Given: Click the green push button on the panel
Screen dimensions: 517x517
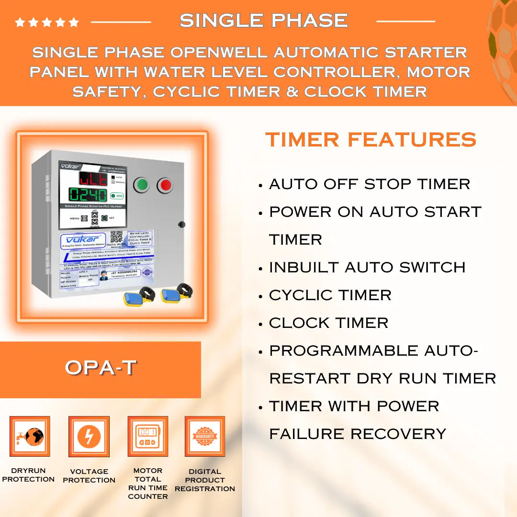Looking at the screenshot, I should [x=141, y=185].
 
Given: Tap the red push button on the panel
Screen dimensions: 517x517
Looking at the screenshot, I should [x=165, y=185].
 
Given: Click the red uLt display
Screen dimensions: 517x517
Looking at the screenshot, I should [x=93, y=179].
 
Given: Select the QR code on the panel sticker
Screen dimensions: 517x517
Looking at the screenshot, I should [x=117, y=236].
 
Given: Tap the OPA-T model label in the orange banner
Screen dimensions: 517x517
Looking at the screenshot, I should [x=101, y=368].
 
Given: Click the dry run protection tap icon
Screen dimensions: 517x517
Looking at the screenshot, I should [x=30, y=436].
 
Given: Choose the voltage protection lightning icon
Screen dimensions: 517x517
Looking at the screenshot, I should [x=89, y=436].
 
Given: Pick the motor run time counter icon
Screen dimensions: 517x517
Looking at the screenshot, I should [x=147, y=436].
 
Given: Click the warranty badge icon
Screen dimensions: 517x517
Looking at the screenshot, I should [x=205, y=436].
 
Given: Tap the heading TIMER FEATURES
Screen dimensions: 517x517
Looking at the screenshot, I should [x=371, y=140].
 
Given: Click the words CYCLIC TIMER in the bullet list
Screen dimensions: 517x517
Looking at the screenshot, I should [x=330, y=295].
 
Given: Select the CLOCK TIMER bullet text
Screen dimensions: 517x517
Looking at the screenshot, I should [x=328, y=323].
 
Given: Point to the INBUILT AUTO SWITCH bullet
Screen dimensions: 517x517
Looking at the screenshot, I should [x=367, y=267].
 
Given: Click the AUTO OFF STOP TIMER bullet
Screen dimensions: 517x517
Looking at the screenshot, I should [x=370, y=184].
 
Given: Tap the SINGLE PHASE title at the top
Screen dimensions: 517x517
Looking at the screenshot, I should [x=264, y=21].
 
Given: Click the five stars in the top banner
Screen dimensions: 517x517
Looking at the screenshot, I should [x=46, y=22].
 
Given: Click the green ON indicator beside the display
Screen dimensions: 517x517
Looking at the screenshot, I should [x=116, y=196].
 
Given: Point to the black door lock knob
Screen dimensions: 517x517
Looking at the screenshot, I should [x=181, y=224].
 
